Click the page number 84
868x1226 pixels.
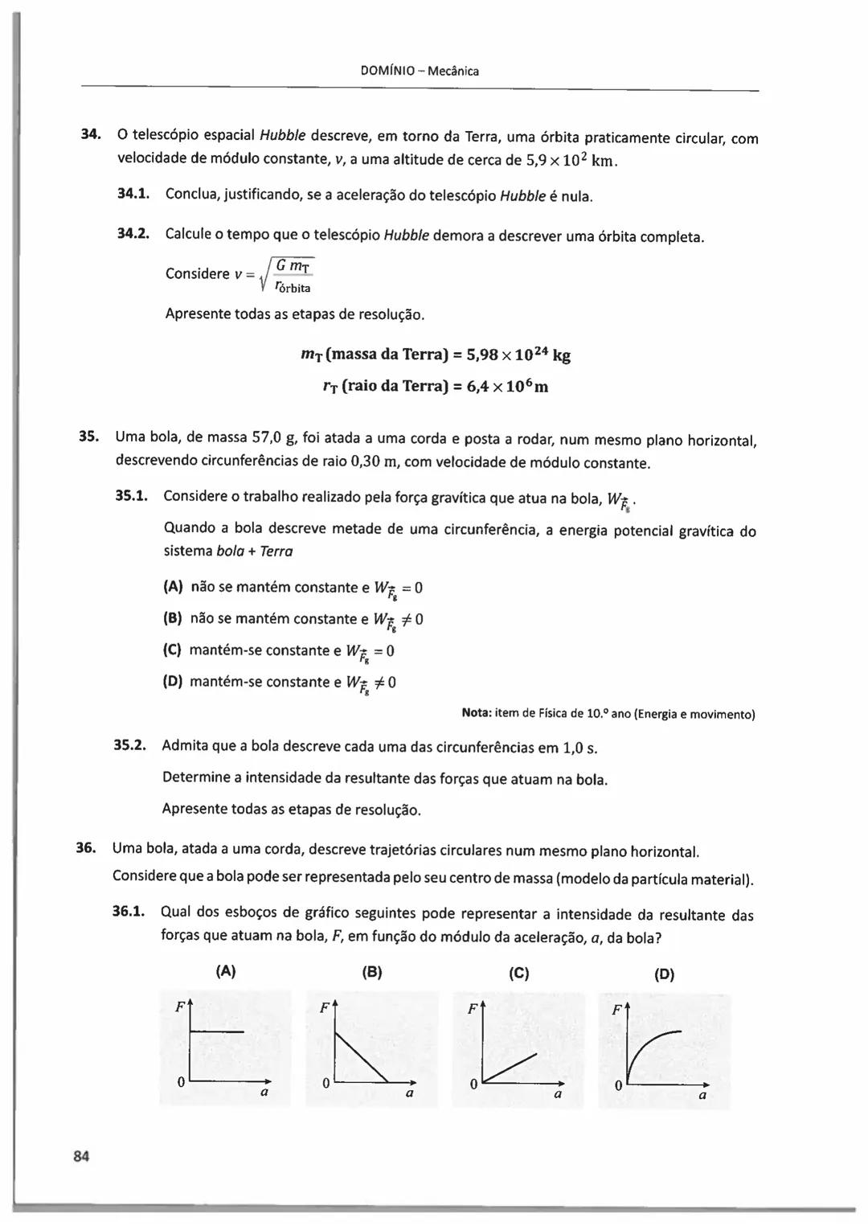[81, 1156]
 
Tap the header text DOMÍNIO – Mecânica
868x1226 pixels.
[420, 71]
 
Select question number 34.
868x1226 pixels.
[89, 133]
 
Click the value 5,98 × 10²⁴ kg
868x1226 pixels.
[518, 354]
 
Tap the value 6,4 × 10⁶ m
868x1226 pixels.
[507, 386]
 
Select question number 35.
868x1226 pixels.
[88, 437]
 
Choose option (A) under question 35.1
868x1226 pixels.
[173, 587]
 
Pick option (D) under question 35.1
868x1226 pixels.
[173, 682]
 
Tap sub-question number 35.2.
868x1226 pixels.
[129, 744]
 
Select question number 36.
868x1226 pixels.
[86, 847]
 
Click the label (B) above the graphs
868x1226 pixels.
[371, 972]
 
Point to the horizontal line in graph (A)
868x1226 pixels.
[217, 1031]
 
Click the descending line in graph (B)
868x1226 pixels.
[362, 1057]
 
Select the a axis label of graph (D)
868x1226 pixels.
[702, 1095]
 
